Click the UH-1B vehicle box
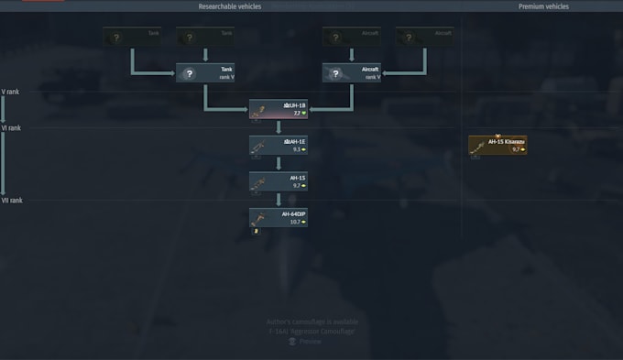pyautogui.click(x=279, y=110)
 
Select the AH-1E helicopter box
pyautogui.click(x=279, y=146)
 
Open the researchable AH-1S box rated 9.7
pyautogui.click(x=279, y=181)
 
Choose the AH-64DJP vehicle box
pyautogui.click(x=279, y=217)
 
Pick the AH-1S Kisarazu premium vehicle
pyautogui.click(x=497, y=146)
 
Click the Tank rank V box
pyautogui.click(x=205, y=73)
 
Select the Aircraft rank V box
pyautogui.click(x=352, y=73)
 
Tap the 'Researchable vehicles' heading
pyautogui.click(x=230, y=6)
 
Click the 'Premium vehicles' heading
pyautogui.click(x=543, y=6)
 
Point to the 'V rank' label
pyautogui.click(x=11, y=92)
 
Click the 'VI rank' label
pyautogui.click(x=12, y=128)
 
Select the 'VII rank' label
pyautogui.click(x=13, y=200)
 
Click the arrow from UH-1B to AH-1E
pyautogui.click(x=279, y=128)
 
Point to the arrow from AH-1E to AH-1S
pyautogui.click(x=279, y=164)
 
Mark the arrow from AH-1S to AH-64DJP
pyautogui.click(x=279, y=200)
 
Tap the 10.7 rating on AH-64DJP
pyautogui.click(x=296, y=222)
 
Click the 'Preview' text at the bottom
pyautogui.click(x=311, y=341)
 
